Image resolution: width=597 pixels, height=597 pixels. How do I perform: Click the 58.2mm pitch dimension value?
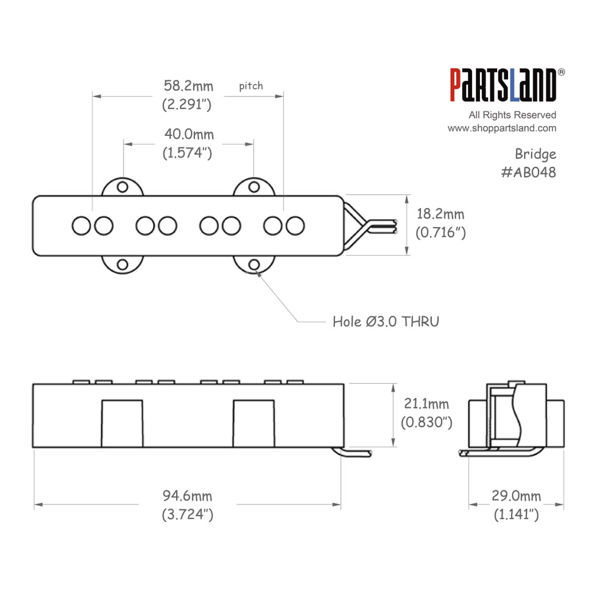tap(188, 86)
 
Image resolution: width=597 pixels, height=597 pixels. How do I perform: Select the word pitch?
tap(251, 86)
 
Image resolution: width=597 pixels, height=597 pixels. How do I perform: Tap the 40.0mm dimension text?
tap(189, 135)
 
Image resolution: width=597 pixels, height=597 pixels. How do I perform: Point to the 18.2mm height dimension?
tap(440, 214)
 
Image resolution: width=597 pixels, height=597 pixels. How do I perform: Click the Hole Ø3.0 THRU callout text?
tap(386, 322)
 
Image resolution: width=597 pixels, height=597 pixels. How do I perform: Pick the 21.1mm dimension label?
tap(426, 403)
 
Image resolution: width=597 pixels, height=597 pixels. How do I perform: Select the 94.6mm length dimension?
tap(188, 496)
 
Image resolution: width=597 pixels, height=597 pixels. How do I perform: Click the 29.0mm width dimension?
tap(517, 496)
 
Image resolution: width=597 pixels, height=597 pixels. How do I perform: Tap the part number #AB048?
tap(529, 172)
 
